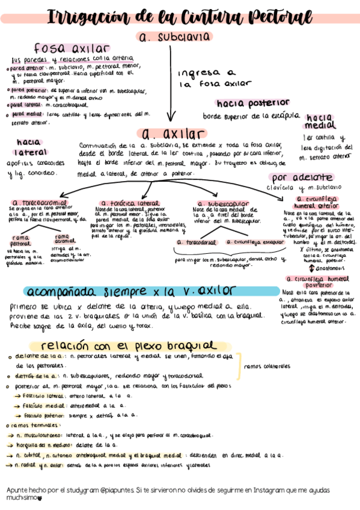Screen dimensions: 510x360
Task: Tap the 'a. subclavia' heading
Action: coord(174,37)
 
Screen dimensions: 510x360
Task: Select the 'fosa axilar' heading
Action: coord(72,48)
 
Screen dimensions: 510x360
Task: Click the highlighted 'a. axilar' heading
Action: coord(171,133)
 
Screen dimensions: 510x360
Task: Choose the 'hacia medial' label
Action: coord(321,123)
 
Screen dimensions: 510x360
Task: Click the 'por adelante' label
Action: coord(302,178)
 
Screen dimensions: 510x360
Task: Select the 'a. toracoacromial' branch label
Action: coord(40,203)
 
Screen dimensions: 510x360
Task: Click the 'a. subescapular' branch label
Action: coord(215,203)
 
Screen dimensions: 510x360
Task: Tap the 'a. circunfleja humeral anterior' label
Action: coord(319,201)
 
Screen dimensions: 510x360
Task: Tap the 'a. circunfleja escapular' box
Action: coord(253,242)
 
